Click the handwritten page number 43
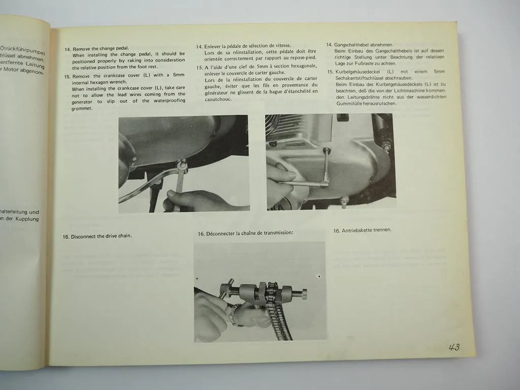[x=454, y=347]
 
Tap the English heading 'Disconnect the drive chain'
[x=101, y=236]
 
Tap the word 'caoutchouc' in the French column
[x=218, y=99]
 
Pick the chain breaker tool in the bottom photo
[x=264, y=293]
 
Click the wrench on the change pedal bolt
[x=179, y=178]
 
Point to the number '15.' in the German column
[x=330, y=72]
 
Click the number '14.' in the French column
[x=200, y=46]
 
